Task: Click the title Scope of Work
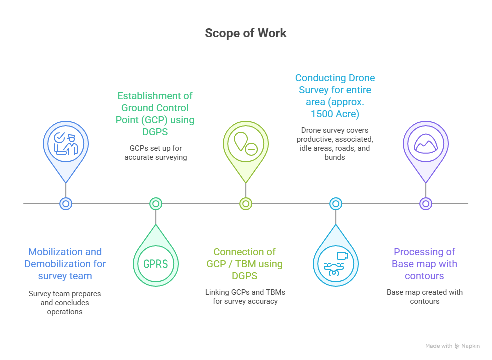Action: click(246, 33)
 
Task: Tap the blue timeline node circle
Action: click(66, 203)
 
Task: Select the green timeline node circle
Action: click(156, 203)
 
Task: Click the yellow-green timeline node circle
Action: click(246, 203)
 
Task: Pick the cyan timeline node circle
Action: click(336, 203)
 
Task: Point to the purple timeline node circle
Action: click(426, 203)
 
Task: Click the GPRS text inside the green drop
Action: click(156, 263)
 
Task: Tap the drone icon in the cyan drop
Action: click(336, 263)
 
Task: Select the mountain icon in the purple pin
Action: click(426, 144)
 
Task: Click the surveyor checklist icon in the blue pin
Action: click(66, 144)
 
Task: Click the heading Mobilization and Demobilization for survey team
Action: click(65, 264)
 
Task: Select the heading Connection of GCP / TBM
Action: click(245, 264)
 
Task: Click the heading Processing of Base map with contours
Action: click(425, 264)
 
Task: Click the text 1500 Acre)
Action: click(335, 113)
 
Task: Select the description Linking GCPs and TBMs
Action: click(245, 296)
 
